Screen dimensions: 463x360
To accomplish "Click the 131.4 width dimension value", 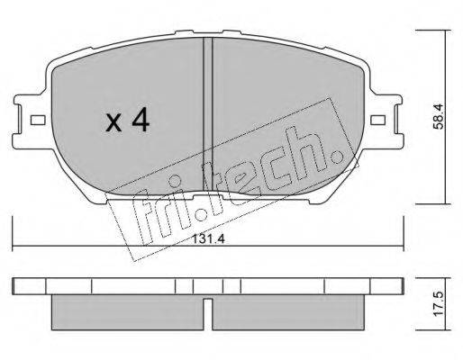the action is click(x=208, y=238).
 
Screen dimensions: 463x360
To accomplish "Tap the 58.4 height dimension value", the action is click(x=438, y=116).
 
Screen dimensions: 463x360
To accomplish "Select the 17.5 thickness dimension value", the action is click(x=439, y=303).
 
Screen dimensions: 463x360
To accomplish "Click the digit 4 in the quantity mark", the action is click(x=141, y=120).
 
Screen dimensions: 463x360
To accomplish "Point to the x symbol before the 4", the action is click(x=113, y=123).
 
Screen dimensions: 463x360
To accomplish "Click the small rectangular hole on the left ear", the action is click(x=38, y=121).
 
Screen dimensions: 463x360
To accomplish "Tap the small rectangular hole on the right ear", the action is click(x=377, y=120).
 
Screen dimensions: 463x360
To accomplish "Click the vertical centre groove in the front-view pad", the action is click(x=208, y=114).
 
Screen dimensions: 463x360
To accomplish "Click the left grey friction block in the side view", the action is click(x=128, y=312).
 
